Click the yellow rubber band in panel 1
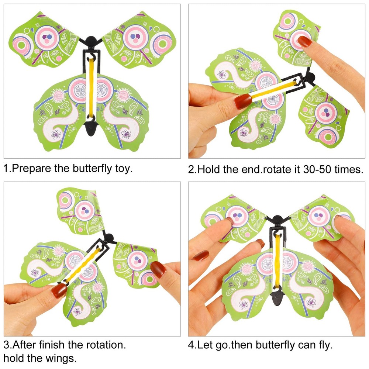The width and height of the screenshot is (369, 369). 92,89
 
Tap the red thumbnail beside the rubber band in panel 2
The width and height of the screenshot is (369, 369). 244,100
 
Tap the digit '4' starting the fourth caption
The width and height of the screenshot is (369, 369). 191,346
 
